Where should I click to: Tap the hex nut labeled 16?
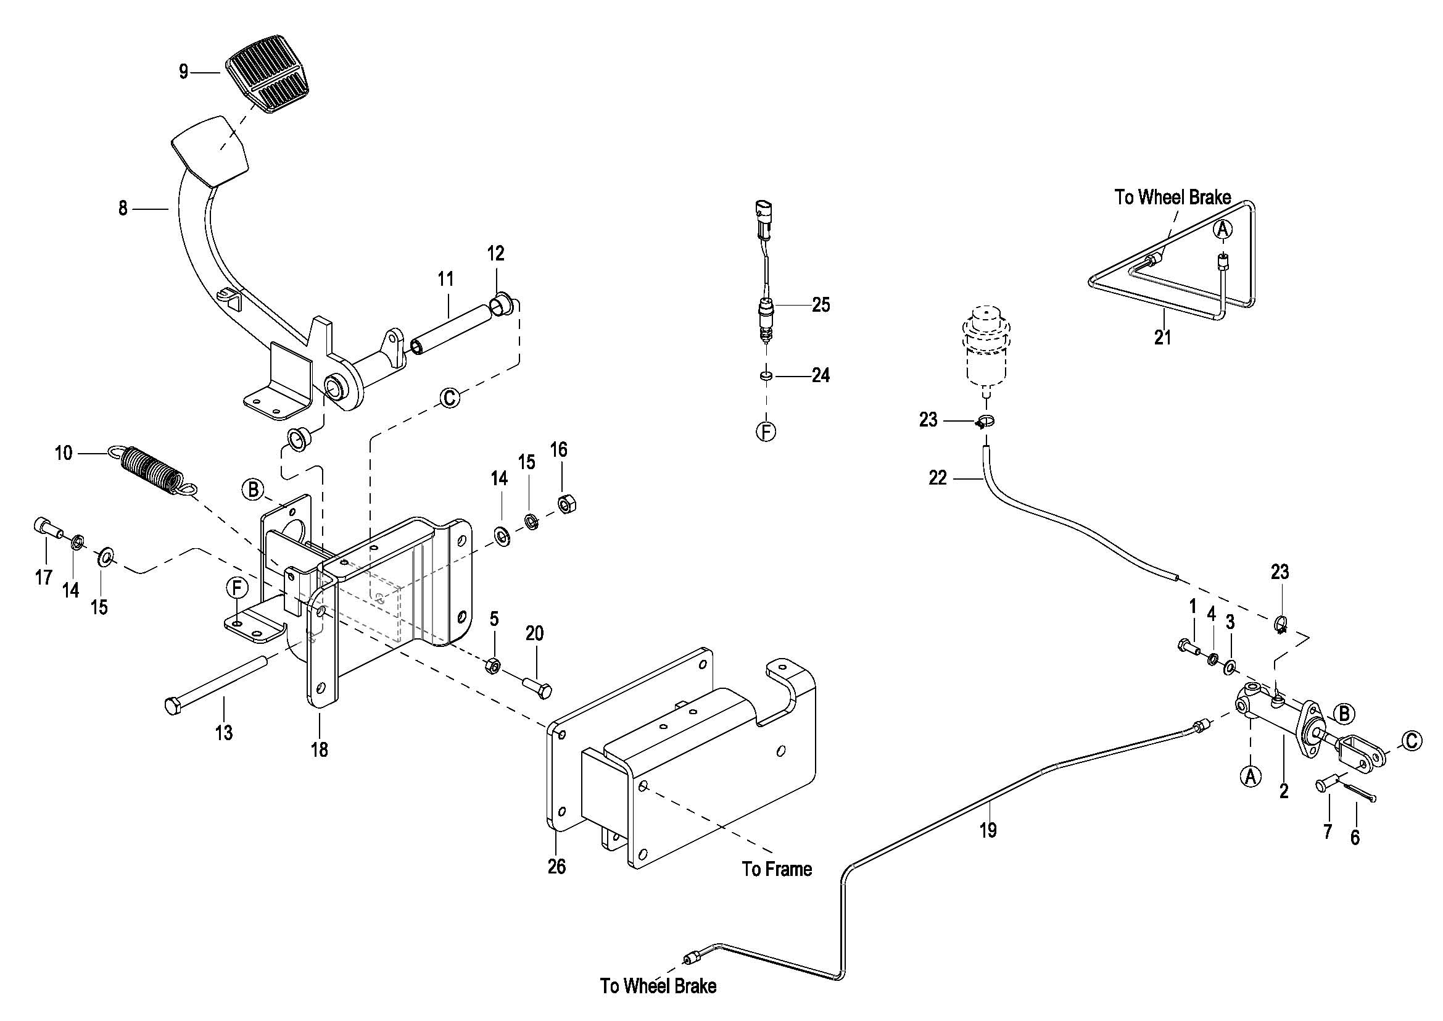[x=568, y=504]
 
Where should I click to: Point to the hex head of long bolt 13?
[x=174, y=706]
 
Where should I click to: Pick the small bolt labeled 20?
[x=537, y=686]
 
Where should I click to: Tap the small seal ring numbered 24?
[x=766, y=376]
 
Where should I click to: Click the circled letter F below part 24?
[x=766, y=432]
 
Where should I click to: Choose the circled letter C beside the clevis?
[x=1412, y=741]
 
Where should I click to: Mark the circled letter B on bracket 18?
[x=253, y=489]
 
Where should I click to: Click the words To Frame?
[x=777, y=870]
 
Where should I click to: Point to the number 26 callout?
[x=557, y=866]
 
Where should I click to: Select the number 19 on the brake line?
[x=988, y=830]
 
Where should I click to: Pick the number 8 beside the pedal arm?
[x=123, y=208]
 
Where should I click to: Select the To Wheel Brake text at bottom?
[x=658, y=986]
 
